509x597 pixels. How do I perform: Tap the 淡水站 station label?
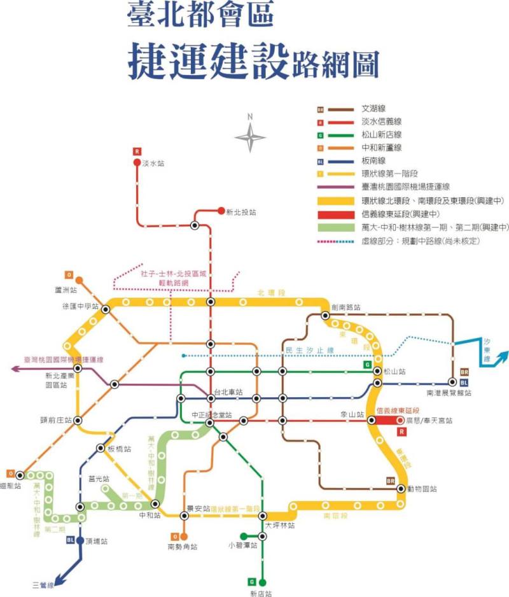pos(153,164)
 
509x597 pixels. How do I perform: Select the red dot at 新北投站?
pos(221,211)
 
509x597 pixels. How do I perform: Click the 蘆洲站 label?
pos(66,290)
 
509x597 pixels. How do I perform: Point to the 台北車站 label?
pos(228,392)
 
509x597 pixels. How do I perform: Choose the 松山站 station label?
pos(394,371)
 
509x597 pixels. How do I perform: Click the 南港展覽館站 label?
pos(449,393)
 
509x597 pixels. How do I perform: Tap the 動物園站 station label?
pos(425,489)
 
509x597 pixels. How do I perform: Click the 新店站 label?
pos(261,593)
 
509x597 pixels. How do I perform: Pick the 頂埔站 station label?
pos(96,542)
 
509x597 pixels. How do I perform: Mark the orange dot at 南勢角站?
pos(184,536)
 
